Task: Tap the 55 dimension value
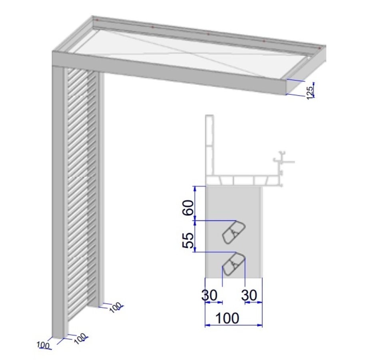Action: coord(188,239)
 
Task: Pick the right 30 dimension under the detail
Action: coord(250,296)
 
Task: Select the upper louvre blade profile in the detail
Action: coord(233,232)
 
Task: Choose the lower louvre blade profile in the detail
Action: coord(233,264)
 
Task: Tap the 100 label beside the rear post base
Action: coord(115,308)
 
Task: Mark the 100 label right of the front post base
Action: coord(80,338)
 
